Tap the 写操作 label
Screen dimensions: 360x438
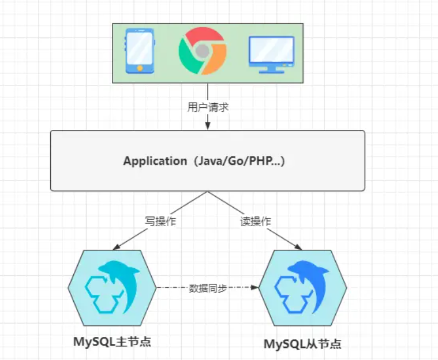pos(160,221)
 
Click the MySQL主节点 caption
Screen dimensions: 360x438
pos(112,341)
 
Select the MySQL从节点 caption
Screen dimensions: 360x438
pos(302,344)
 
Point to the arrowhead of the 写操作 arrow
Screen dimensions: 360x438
pos(116,247)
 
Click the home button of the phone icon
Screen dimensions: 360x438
pos(139,67)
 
